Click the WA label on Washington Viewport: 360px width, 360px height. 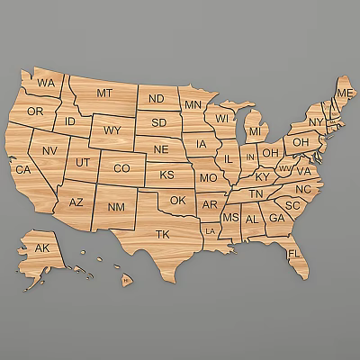(46, 83)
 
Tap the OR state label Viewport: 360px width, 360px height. (35, 112)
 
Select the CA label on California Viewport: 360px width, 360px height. (23, 169)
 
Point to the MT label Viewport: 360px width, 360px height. (104, 93)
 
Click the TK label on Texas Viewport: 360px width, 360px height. (162, 234)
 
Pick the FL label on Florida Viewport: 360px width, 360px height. (293, 254)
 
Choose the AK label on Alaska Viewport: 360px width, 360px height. (42, 247)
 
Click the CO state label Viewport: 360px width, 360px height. (121, 168)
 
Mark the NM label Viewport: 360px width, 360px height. (117, 208)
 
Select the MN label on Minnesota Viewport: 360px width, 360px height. (193, 105)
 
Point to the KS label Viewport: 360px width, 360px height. (167, 175)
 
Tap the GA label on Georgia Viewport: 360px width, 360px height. (276, 218)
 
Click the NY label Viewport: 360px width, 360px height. (315, 121)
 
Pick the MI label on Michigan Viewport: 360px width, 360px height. (255, 131)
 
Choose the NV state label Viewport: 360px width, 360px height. (49, 150)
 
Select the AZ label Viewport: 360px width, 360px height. (76, 203)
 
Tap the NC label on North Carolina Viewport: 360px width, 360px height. (303, 189)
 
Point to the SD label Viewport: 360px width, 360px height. (159, 122)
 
